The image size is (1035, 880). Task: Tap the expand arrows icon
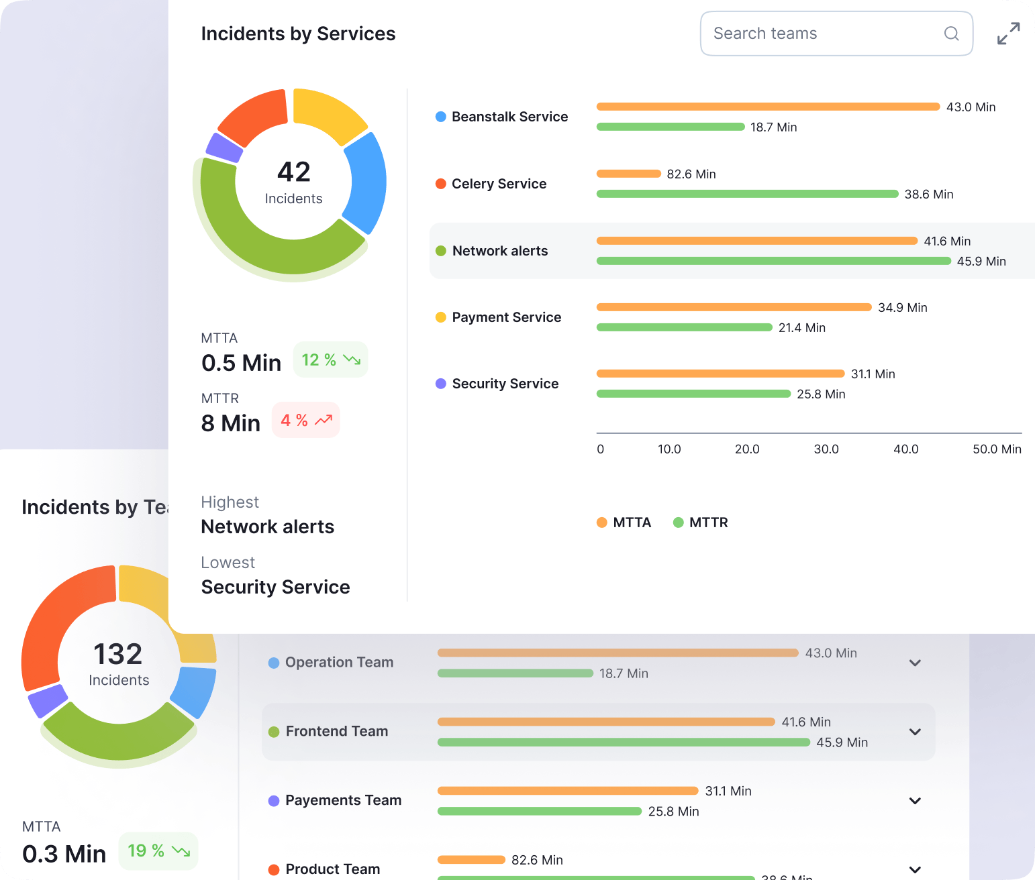(1008, 34)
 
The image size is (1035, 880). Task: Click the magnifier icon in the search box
(951, 34)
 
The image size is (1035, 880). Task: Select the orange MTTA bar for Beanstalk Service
(767, 107)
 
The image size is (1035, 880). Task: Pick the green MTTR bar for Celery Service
(747, 194)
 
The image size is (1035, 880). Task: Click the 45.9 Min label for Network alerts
(981, 262)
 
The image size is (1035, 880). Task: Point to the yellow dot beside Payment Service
(441, 317)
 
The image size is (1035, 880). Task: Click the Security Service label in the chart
(505, 384)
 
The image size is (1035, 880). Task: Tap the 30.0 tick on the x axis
(826, 449)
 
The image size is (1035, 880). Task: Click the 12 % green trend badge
(330, 360)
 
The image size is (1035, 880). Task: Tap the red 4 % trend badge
(306, 421)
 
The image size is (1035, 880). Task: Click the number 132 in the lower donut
(118, 654)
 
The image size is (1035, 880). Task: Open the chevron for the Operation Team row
(914, 663)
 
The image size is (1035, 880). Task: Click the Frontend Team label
(336, 731)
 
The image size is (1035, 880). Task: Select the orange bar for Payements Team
(567, 791)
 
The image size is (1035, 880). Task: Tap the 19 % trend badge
(158, 851)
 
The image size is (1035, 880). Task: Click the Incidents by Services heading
(298, 34)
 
